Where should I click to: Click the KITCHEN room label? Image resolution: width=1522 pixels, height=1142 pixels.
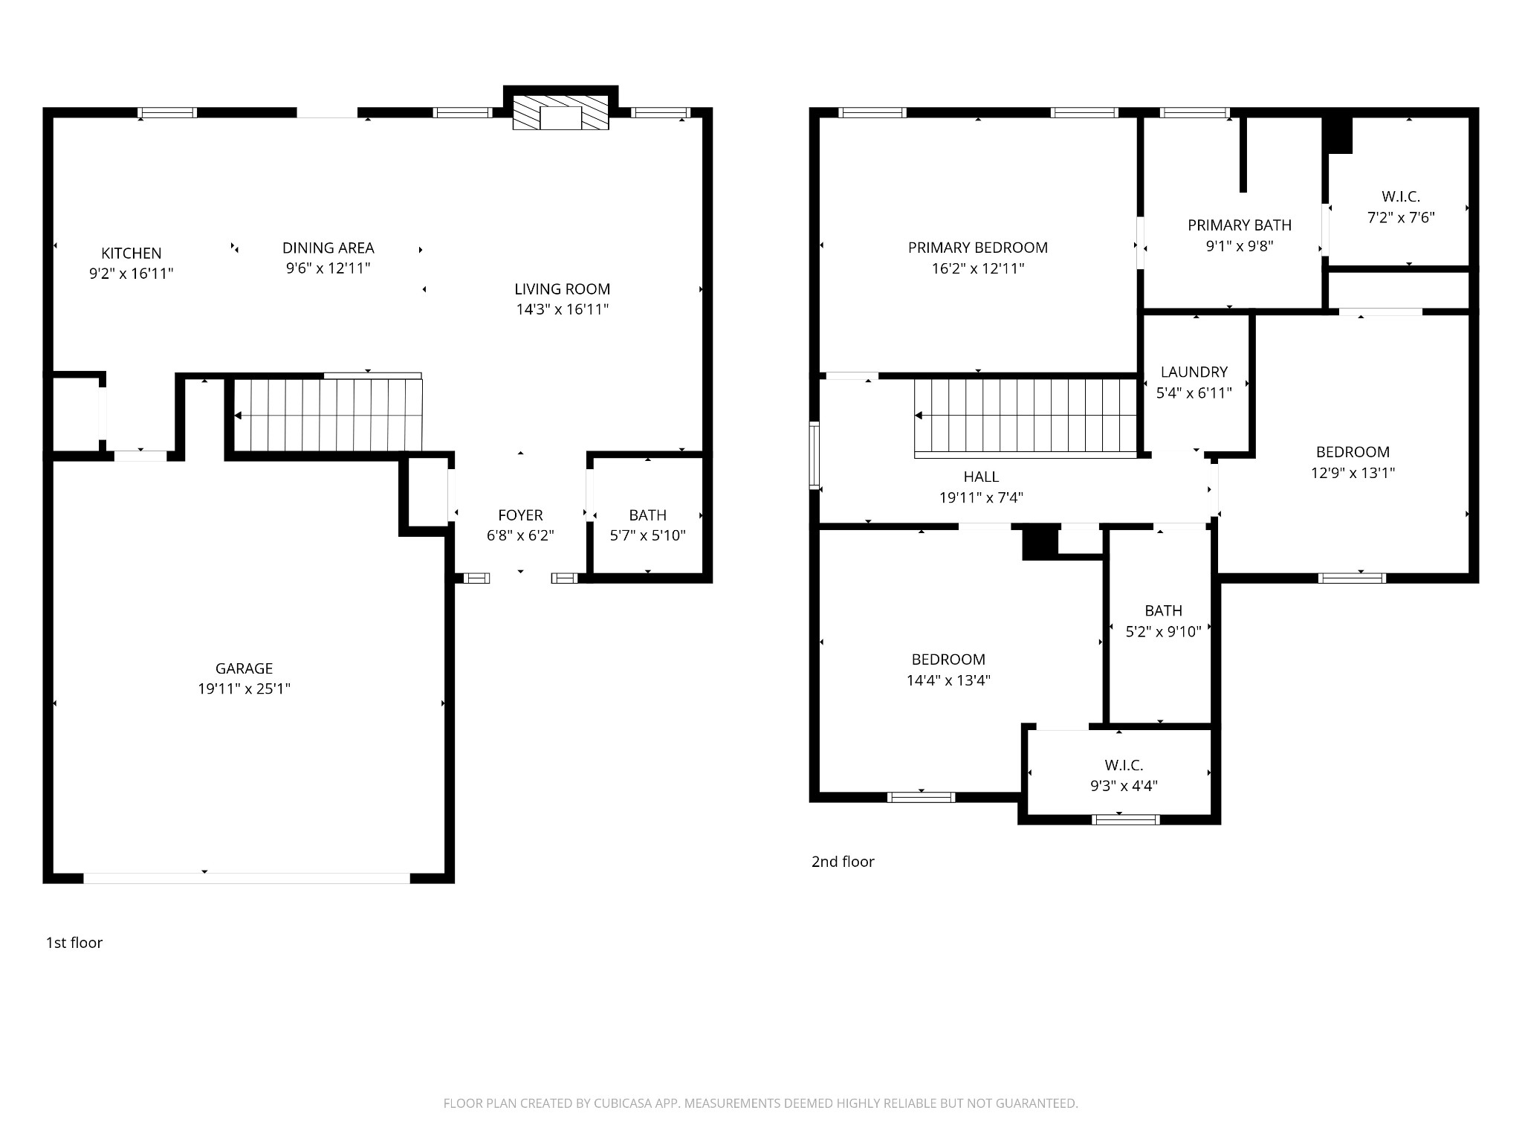[x=132, y=254]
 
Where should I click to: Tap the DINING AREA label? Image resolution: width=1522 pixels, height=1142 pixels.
[x=328, y=248]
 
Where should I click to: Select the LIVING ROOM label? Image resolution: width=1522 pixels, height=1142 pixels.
[x=563, y=289]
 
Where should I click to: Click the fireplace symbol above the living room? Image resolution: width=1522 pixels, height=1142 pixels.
[x=561, y=112]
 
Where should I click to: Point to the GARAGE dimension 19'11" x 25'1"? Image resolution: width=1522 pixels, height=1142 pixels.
[x=244, y=689]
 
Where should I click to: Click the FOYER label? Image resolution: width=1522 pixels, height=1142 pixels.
[x=520, y=515]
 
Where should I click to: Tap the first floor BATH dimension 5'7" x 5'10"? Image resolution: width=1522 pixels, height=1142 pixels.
[x=648, y=535]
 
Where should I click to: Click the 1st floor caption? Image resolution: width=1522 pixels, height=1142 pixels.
[x=74, y=943]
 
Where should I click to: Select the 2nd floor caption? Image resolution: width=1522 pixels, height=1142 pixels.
[x=843, y=862]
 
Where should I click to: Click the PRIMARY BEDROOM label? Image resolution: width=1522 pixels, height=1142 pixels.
[x=978, y=248]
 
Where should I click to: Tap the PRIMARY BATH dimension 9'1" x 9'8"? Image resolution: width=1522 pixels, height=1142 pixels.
[x=1240, y=246]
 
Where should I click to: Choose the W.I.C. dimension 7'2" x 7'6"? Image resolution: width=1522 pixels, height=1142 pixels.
[x=1401, y=218]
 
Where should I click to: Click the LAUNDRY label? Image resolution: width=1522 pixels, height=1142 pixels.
[x=1194, y=372]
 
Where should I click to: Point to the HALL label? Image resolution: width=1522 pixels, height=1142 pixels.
[x=981, y=477]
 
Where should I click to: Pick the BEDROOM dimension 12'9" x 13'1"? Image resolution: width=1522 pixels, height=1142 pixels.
[x=1353, y=473]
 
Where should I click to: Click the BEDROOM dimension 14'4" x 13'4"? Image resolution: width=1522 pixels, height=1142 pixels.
[x=948, y=680]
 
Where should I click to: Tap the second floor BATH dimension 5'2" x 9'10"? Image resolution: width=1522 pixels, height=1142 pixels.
[x=1163, y=632]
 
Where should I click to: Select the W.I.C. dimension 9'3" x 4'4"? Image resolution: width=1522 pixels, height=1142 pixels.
[x=1124, y=786]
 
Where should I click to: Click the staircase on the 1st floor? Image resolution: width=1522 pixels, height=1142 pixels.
[x=328, y=415]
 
